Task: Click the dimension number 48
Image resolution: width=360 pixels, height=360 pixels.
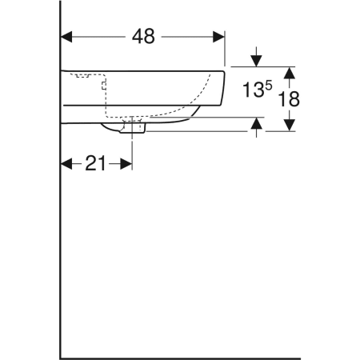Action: (143, 37)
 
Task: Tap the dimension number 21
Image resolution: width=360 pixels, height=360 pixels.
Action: (96, 163)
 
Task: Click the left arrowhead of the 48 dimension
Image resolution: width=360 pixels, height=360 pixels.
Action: (68, 37)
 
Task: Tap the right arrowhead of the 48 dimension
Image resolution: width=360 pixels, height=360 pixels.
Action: (217, 37)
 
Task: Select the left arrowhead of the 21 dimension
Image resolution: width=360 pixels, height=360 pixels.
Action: (66, 163)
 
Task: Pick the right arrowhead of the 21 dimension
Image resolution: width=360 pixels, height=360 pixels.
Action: (126, 163)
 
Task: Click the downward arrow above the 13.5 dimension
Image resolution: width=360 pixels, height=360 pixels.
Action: (256, 59)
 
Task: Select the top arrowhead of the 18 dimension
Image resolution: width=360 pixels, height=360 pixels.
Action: (290, 73)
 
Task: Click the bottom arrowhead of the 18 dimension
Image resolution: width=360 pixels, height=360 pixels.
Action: (290, 125)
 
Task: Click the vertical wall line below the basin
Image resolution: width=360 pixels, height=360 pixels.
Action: (61, 240)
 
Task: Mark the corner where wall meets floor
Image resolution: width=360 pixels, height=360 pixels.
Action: (61, 358)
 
